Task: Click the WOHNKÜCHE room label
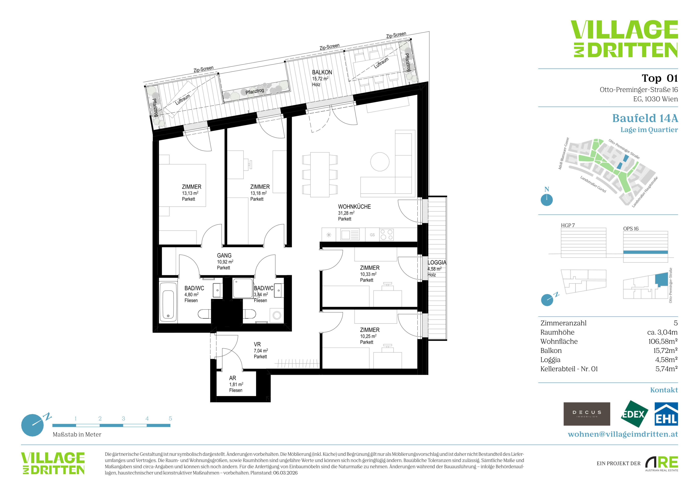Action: click(354, 207)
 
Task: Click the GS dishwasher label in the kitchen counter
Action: click(372, 235)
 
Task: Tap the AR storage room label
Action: click(233, 378)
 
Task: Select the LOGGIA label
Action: click(437, 262)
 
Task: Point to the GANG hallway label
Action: click(224, 255)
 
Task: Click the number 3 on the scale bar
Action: click(123, 419)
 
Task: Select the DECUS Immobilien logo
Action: click(587, 414)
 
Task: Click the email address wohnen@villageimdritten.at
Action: click(623, 434)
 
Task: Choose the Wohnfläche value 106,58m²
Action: click(663, 341)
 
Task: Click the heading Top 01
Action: click(660, 78)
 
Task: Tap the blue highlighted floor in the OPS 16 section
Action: click(645, 252)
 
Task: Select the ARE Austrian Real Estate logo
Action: click(661, 464)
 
